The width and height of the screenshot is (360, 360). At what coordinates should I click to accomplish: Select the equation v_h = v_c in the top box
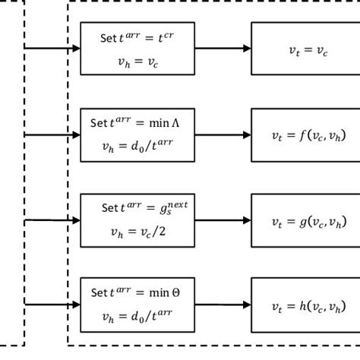point(137,63)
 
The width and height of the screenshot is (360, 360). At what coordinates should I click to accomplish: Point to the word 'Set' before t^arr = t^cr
point(108,38)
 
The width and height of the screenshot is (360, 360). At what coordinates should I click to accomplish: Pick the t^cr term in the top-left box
point(169,36)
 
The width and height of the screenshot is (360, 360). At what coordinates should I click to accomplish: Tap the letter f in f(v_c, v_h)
point(302,135)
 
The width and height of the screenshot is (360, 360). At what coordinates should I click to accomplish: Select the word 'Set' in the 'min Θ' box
point(99,292)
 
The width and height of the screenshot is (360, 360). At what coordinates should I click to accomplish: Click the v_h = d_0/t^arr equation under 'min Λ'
point(137,149)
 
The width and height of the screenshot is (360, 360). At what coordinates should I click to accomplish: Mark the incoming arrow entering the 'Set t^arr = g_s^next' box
point(53,220)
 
